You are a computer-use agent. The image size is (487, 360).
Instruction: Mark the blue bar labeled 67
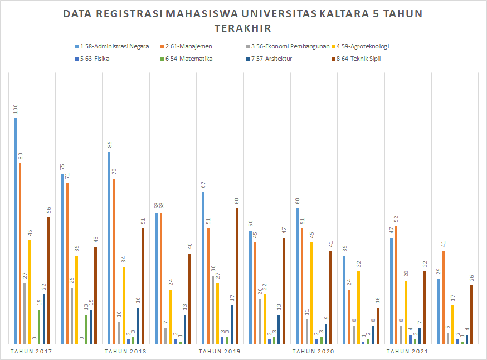coord(203,267)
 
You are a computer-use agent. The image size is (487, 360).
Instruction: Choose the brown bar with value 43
coord(95,295)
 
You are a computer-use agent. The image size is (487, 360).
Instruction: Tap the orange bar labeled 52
coord(396,285)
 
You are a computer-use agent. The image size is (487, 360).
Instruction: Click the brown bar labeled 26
coord(471,314)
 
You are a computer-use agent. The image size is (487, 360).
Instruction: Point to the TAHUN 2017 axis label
coord(32,352)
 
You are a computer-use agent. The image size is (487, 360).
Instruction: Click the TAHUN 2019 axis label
coord(220,352)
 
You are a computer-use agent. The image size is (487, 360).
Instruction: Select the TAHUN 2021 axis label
coord(407,352)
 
